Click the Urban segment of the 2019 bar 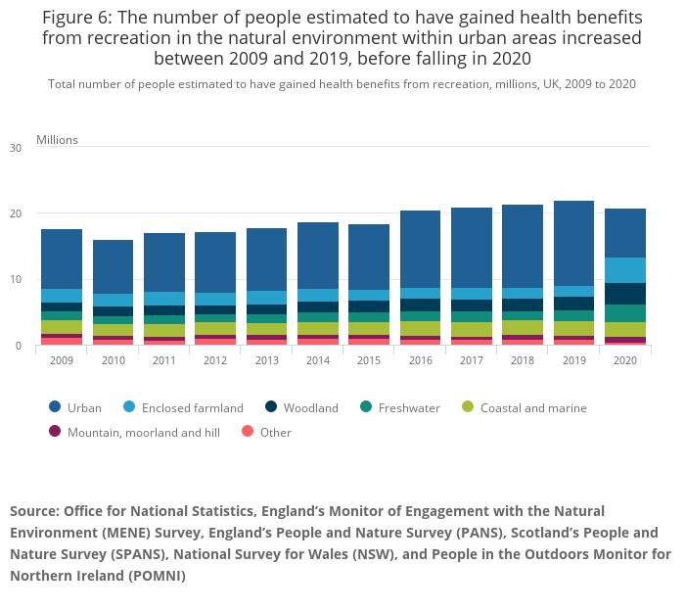pyautogui.click(x=573, y=243)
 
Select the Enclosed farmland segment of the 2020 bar pyautogui.click(x=625, y=270)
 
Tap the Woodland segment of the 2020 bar pyautogui.click(x=625, y=294)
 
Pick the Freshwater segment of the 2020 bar pyautogui.click(x=625, y=313)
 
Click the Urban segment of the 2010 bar pyautogui.click(x=113, y=266)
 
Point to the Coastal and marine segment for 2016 pyautogui.click(x=420, y=328)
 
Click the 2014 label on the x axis pyautogui.click(x=317, y=360)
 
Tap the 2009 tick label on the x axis pyautogui.click(x=61, y=360)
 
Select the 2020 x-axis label pyautogui.click(x=625, y=360)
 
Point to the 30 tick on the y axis pyautogui.click(x=16, y=148)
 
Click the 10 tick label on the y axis pyautogui.click(x=16, y=280)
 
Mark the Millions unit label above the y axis pyautogui.click(x=57, y=139)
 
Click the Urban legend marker pyautogui.click(x=54, y=407)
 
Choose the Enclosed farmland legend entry pyautogui.click(x=193, y=407)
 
